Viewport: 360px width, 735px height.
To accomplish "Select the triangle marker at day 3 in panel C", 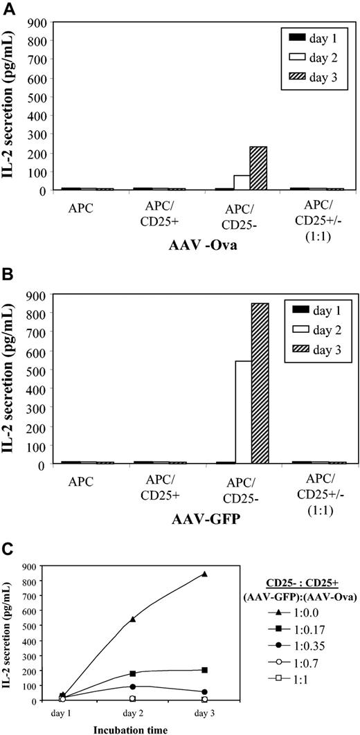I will pyautogui.click(x=205, y=574).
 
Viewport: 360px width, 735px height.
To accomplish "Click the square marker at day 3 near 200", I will pyautogui.click(x=205, y=670).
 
